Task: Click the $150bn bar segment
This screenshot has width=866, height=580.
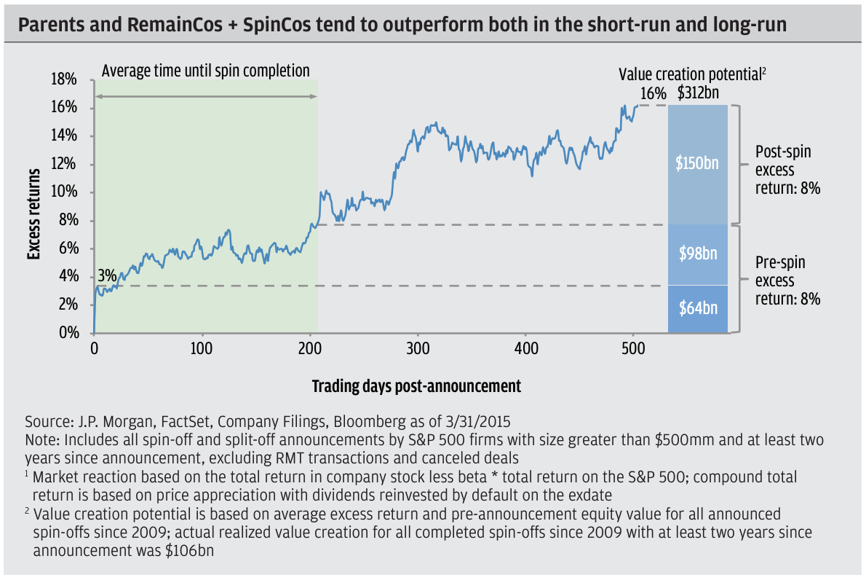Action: click(x=698, y=163)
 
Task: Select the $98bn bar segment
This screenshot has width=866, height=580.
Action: click(x=698, y=254)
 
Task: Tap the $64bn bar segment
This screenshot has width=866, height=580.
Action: click(x=698, y=309)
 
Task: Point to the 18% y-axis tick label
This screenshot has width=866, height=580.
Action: click(x=63, y=79)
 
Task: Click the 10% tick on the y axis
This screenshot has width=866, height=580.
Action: click(x=63, y=192)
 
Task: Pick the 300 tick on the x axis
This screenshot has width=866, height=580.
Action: click(x=418, y=348)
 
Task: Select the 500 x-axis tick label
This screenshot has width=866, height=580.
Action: click(x=634, y=348)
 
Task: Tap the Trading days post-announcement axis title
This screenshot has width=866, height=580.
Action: click(x=416, y=386)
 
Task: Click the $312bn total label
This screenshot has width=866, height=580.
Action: click(x=698, y=93)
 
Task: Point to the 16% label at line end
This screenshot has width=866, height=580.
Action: click(x=654, y=93)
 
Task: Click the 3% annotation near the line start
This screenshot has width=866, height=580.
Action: click(x=106, y=276)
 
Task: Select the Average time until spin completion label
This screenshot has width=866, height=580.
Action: click(x=206, y=71)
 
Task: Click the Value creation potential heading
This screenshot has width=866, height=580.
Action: click(x=693, y=74)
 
